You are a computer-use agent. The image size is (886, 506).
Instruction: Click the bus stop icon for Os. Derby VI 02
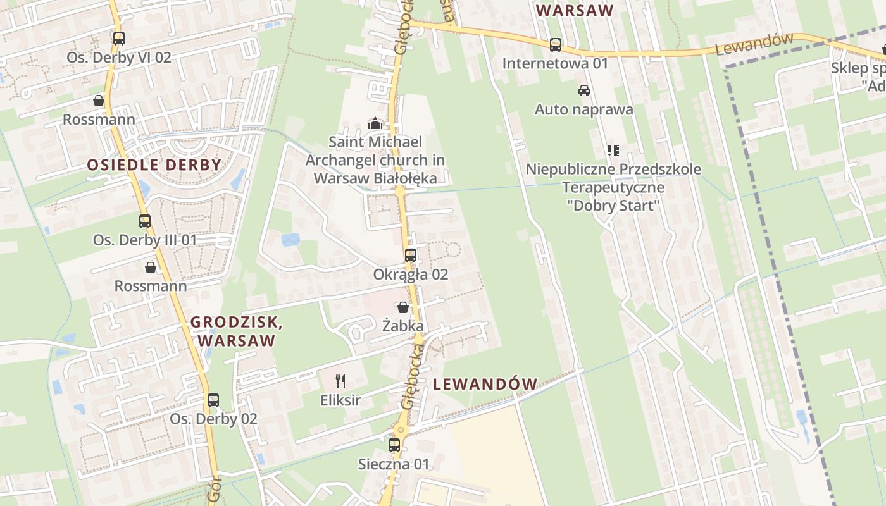[x=118, y=38]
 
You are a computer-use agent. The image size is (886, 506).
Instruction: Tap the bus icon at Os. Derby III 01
[x=145, y=221]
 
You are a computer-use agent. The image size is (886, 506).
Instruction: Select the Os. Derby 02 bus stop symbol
[x=213, y=400]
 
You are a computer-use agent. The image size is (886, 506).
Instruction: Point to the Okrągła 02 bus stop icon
[x=411, y=255]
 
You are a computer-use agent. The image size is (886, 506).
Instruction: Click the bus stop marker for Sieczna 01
[x=394, y=445]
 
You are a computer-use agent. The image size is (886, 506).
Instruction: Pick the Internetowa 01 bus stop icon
[x=555, y=44]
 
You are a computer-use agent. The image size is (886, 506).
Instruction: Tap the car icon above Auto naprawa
[x=584, y=90]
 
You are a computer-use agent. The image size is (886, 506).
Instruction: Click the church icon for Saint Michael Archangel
[x=375, y=123]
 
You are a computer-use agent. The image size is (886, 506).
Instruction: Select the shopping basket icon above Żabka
[x=403, y=307]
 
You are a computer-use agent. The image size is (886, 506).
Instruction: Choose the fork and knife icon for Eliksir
[x=340, y=381]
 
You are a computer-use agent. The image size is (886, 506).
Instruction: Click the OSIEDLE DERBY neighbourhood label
[x=154, y=165]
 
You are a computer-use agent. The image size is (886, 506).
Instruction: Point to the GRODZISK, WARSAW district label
[x=237, y=331]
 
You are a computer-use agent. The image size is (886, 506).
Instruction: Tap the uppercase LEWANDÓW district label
[x=485, y=383]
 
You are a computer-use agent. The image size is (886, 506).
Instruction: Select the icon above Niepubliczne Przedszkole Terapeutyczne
[x=613, y=151]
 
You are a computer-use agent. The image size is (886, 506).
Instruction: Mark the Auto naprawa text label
[x=583, y=109]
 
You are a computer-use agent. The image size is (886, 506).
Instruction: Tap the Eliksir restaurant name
[x=340, y=400]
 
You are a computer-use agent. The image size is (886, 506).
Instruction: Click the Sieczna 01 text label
[x=394, y=464]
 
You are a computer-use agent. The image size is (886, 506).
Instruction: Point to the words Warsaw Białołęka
[x=375, y=178]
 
